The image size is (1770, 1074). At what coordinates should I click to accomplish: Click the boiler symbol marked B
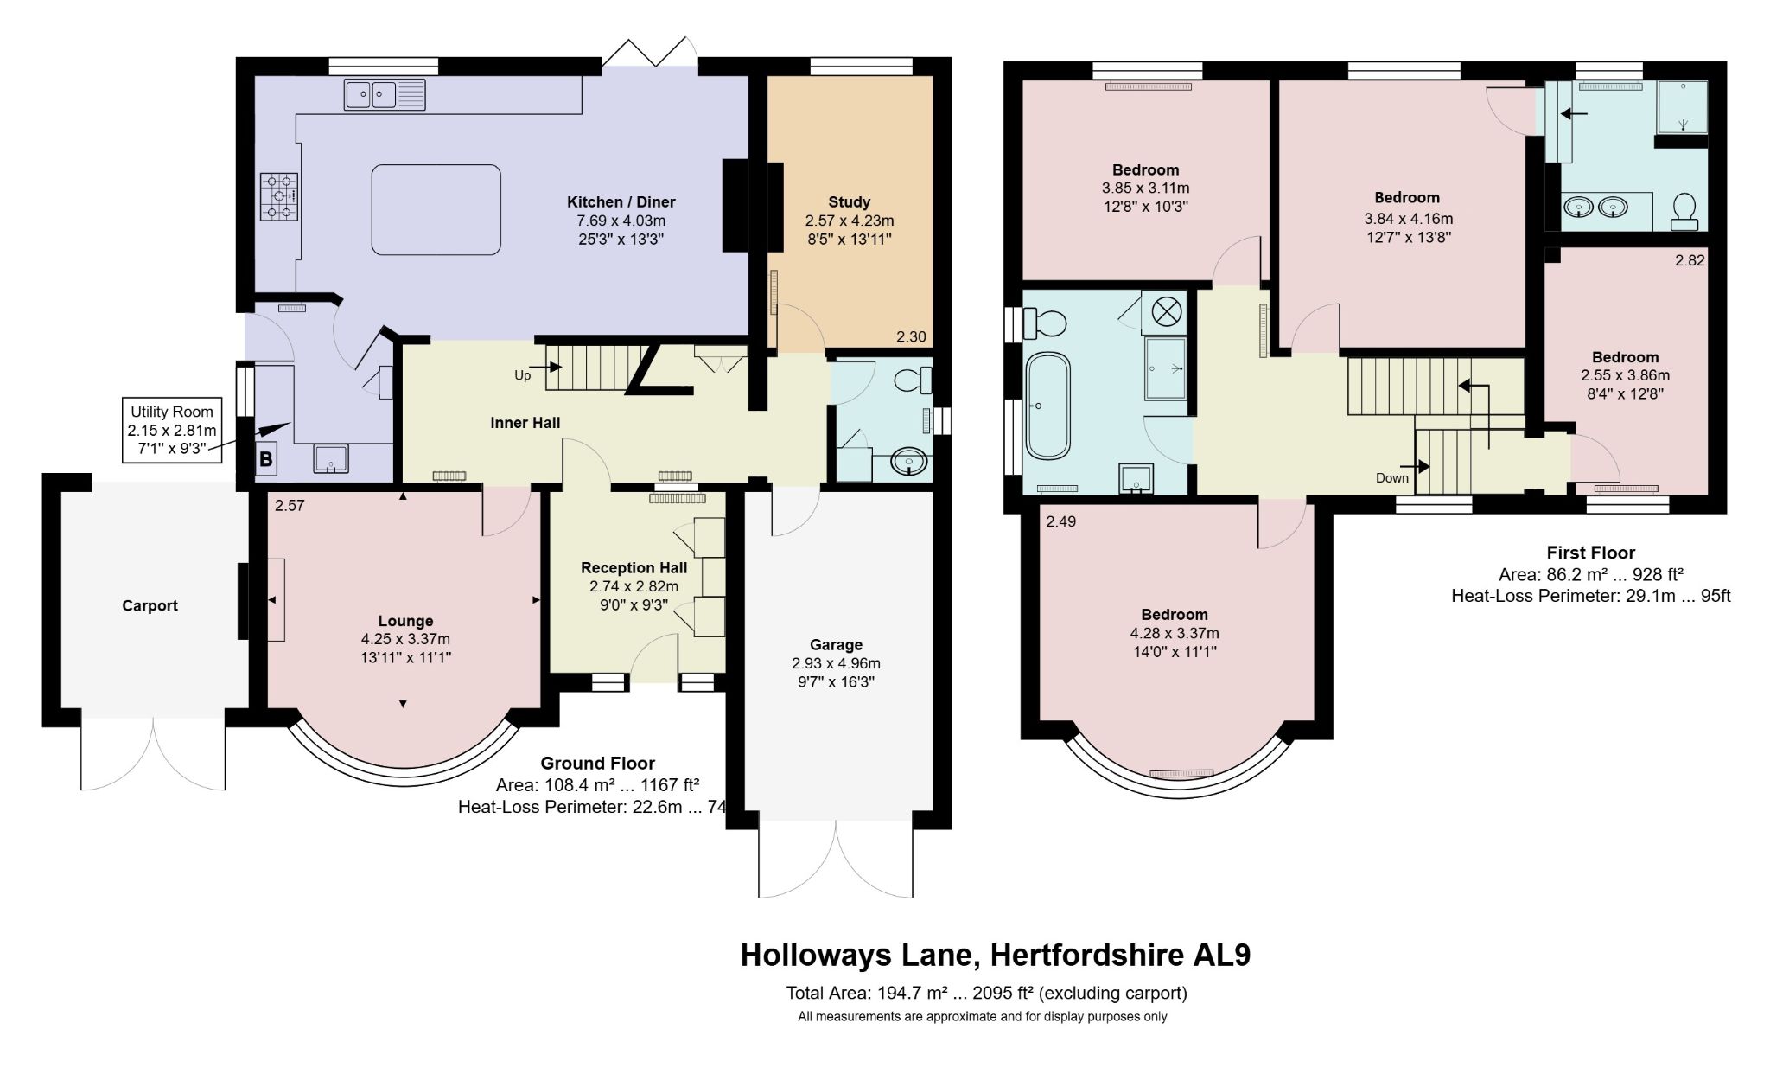265,459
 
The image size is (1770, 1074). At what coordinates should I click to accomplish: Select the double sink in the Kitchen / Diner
385,94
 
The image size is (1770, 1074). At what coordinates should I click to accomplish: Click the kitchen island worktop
436,209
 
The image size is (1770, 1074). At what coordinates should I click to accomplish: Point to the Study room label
849,202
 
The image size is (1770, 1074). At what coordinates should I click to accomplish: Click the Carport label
150,605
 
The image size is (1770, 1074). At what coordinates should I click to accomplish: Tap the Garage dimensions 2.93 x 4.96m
836,663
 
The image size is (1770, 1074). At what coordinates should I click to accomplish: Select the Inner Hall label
525,423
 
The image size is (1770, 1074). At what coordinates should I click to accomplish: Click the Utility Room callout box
173,431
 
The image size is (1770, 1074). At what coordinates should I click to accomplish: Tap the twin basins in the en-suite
1596,208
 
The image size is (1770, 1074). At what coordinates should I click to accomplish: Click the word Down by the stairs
1392,478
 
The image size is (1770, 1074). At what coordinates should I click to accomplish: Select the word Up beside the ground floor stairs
523,375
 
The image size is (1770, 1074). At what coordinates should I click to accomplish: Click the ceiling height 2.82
1690,260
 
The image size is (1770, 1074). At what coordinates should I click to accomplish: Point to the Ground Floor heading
597,764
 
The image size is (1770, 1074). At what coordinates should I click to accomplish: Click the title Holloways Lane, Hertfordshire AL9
996,955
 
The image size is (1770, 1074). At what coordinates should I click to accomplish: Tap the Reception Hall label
634,567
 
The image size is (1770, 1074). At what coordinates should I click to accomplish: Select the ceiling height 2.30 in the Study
911,337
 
